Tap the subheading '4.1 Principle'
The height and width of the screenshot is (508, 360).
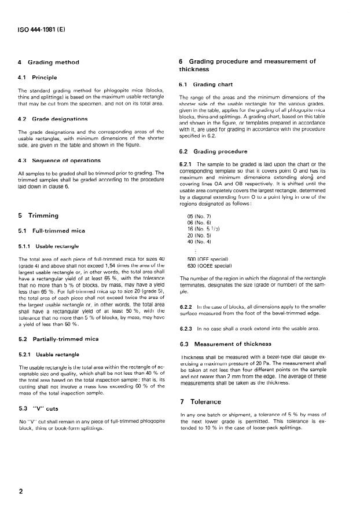[x=39, y=77]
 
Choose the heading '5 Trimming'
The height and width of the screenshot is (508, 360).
[x=39, y=216]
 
